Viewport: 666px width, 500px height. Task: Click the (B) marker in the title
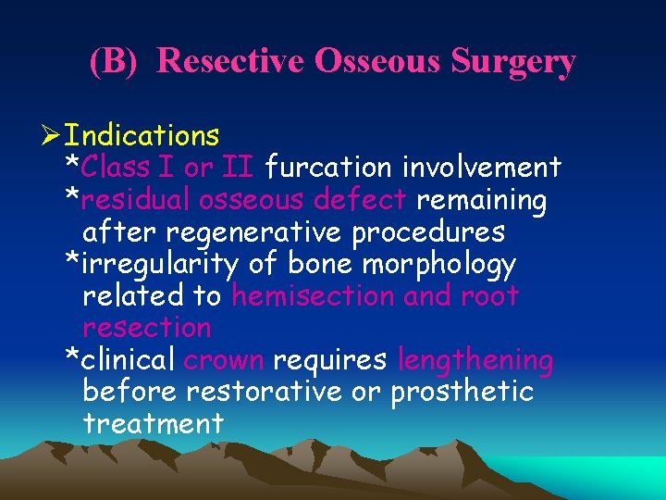pyautogui.click(x=117, y=61)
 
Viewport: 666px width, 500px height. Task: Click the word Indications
pyautogui.click(x=142, y=136)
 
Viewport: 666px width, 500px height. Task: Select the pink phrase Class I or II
pyautogui.click(x=169, y=168)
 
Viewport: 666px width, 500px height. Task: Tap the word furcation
pyautogui.click(x=327, y=168)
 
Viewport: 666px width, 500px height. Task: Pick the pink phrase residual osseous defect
pyautogui.click(x=244, y=200)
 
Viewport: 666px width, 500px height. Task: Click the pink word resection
pyautogui.click(x=147, y=328)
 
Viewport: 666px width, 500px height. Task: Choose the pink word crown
pyautogui.click(x=223, y=360)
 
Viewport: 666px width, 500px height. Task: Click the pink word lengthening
pyautogui.click(x=475, y=360)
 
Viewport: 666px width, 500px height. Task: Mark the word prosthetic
pyautogui.click(x=462, y=392)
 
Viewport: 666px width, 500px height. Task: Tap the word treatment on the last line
pyautogui.click(x=153, y=424)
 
